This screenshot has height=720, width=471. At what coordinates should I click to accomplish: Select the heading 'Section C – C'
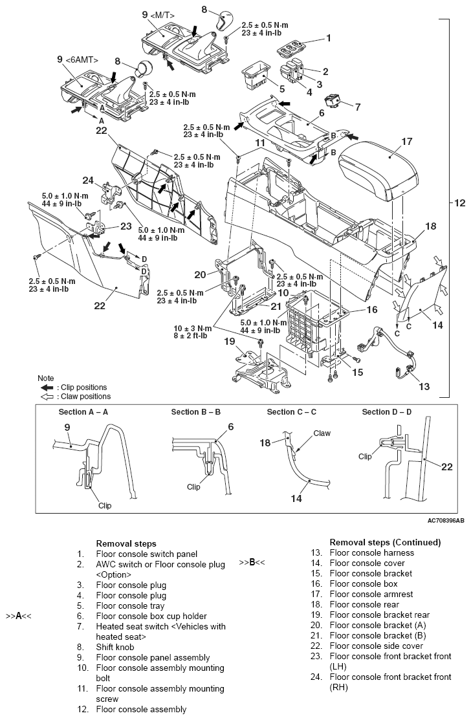291,412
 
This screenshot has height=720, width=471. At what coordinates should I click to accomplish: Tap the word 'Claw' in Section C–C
322,433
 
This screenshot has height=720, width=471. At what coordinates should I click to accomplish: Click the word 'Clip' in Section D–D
366,455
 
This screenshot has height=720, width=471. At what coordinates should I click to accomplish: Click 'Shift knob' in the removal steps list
116,646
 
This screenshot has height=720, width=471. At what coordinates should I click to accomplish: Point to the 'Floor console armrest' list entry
371,594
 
